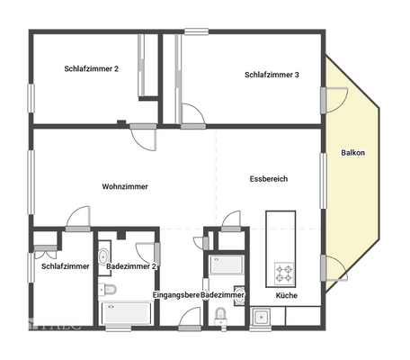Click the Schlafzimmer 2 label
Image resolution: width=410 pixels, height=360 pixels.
click(91, 68)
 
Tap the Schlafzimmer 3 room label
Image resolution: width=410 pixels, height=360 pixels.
click(272, 75)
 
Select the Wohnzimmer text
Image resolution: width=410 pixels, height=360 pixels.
click(125, 186)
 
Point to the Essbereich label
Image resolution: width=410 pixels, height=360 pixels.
click(268, 179)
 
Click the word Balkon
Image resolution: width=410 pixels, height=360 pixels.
click(352, 153)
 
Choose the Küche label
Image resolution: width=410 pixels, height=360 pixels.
click(286, 295)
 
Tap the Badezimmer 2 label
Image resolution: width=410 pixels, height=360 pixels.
click(131, 266)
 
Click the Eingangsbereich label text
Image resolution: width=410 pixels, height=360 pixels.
click(175, 295)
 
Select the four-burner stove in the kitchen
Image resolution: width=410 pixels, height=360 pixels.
click(284, 272)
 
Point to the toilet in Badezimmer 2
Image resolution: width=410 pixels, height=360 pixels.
click(108, 289)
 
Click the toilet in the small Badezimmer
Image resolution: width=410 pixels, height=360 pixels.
click(220, 316)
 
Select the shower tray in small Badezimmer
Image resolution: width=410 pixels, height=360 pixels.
click(225, 265)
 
